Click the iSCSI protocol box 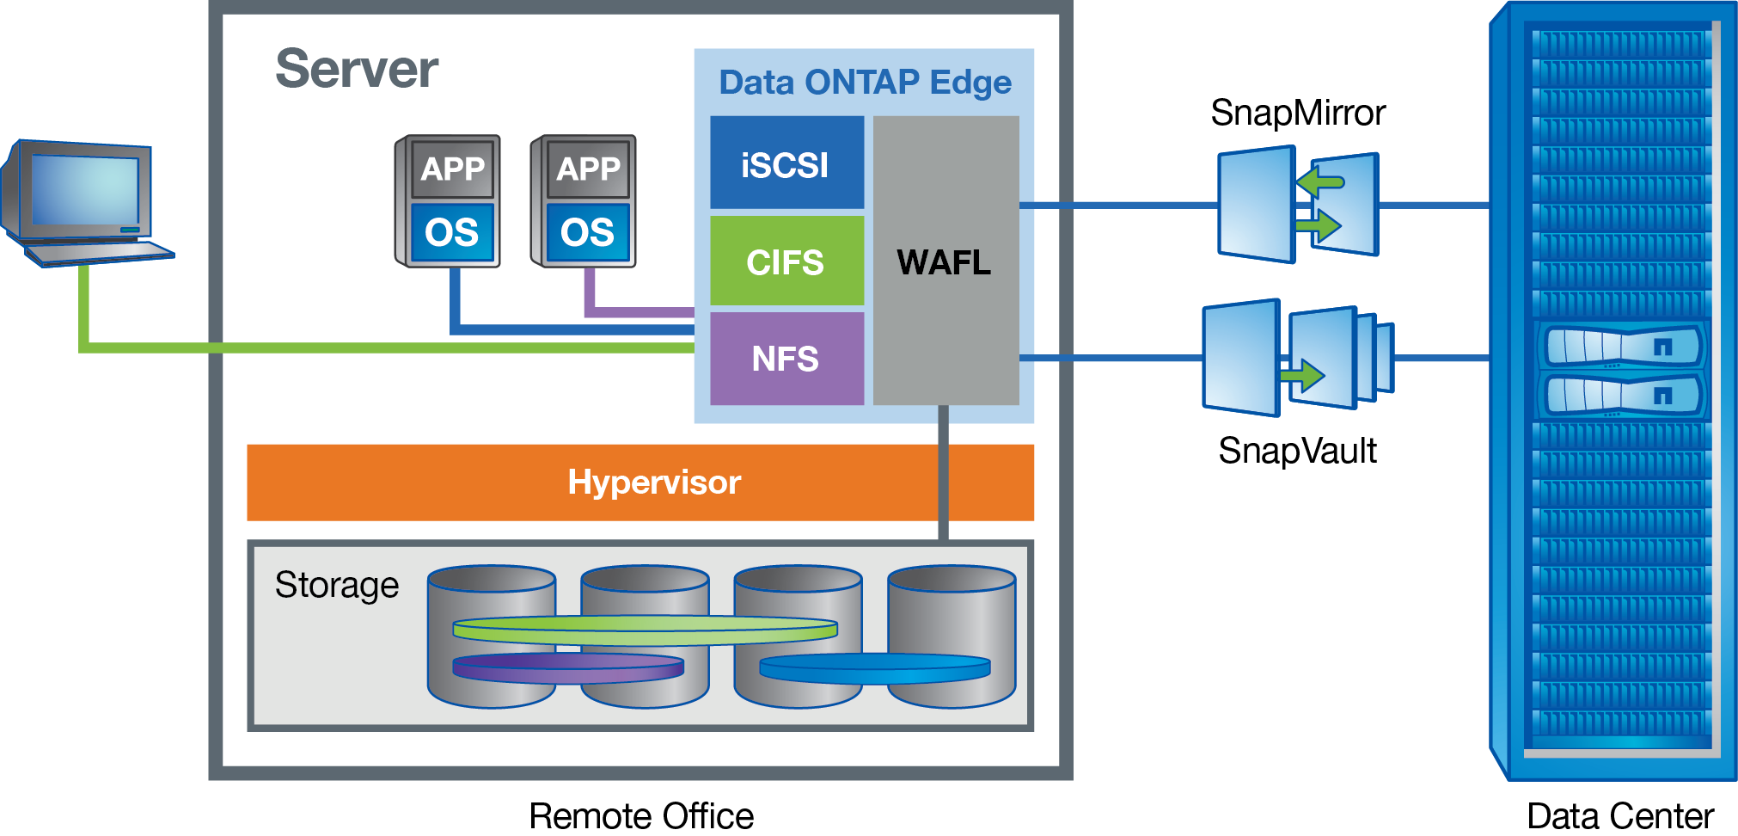click(786, 163)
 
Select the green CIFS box click(786, 261)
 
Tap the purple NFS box click(786, 358)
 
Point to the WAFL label click(944, 261)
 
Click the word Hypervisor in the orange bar click(654, 483)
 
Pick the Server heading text click(357, 69)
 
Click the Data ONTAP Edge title click(865, 83)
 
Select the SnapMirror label click(1297, 113)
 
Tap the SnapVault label click(1297, 451)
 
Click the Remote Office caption click(641, 815)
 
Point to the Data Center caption click(1620, 815)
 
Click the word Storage click(337, 585)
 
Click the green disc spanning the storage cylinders click(645, 630)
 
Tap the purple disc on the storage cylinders click(568, 667)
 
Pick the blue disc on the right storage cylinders click(875, 668)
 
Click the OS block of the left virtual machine click(452, 232)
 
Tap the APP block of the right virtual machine click(588, 169)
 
